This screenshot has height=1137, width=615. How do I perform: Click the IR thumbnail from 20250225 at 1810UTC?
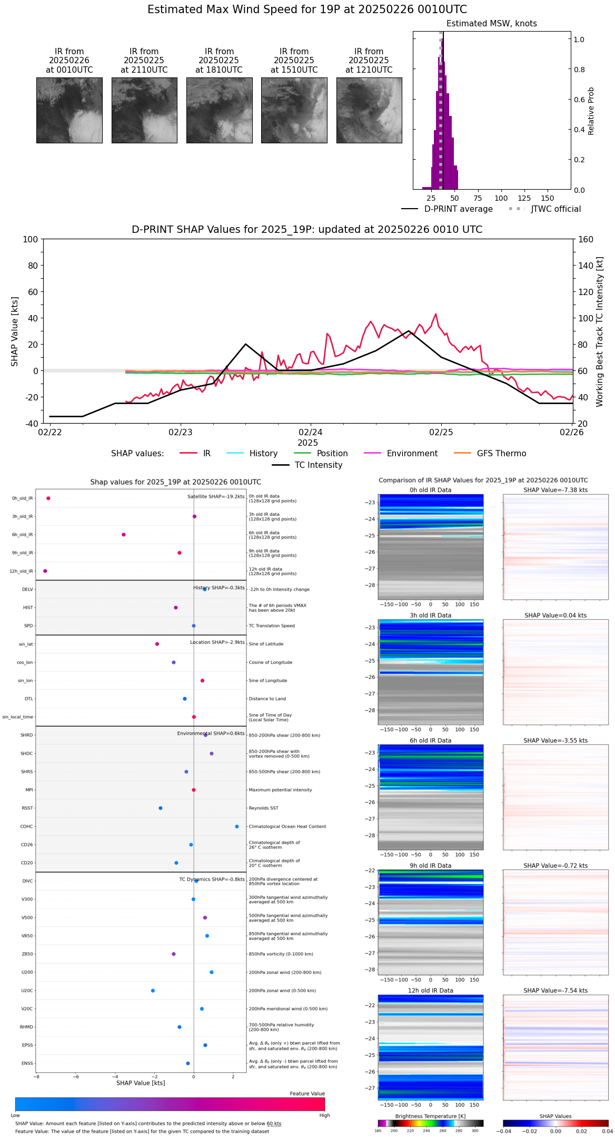pos(219,110)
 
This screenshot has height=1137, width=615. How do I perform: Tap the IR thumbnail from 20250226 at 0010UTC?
pos(70,110)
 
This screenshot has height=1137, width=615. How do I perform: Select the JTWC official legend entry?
pos(556,209)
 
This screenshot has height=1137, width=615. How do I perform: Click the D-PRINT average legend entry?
pos(458,209)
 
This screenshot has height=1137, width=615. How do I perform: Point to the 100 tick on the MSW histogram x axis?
pos(501,198)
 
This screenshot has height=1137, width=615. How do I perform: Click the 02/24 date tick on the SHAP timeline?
pos(311,432)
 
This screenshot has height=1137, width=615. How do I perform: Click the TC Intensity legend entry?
pos(318,465)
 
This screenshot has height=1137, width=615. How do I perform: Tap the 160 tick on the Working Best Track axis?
pos(586,239)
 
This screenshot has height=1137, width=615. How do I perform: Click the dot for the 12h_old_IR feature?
pos(45,571)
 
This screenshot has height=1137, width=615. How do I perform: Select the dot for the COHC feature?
pos(237,827)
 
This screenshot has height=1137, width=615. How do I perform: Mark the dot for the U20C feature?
pos(153,991)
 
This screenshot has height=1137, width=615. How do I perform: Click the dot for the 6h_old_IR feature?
pos(124,535)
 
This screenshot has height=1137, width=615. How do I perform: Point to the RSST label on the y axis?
pos(27,808)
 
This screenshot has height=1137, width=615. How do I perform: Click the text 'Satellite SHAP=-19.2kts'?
pos(216,497)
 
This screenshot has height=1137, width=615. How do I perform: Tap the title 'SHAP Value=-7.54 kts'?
pos(556,991)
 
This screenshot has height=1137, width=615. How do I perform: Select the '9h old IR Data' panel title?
pos(430,866)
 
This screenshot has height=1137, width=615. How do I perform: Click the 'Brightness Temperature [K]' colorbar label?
pos(430,1116)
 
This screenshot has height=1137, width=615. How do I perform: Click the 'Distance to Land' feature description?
pos(267,699)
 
